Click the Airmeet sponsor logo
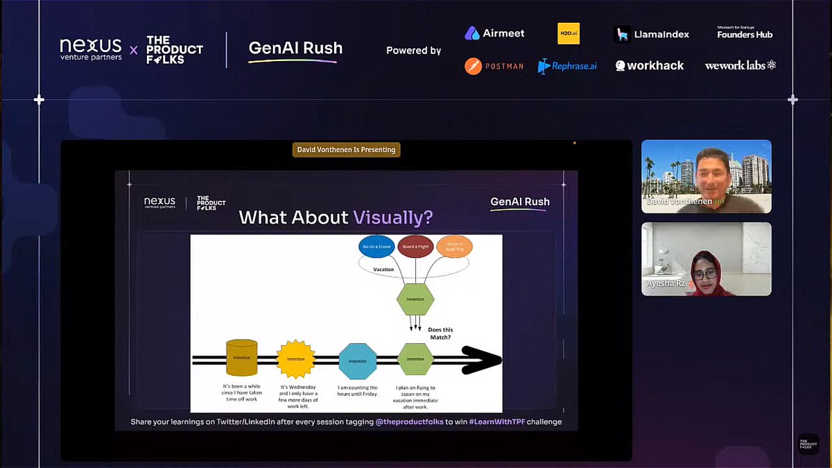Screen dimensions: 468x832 (x=494, y=33)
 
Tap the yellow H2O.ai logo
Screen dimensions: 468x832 (x=569, y=33)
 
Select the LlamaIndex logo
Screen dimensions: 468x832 (x=651, y=34)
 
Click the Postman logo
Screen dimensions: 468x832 (x=494, y=66)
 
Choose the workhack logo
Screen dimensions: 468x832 (x=650, y=66)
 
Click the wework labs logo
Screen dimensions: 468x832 (x=740, y=65)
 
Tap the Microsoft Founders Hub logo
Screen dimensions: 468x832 (x=744, y=33)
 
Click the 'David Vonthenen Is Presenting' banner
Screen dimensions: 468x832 (x=346, y=150)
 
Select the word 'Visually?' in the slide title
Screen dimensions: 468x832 (x=393, y=218)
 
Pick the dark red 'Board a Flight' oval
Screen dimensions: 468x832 (x=415, y=247)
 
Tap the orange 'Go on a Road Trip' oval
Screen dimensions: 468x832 (x=454, y=247)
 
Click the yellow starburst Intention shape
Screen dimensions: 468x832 (x=295, y=359)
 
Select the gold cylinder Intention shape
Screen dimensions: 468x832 (x=241, y=358)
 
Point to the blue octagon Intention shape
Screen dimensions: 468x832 (x=357, y=361)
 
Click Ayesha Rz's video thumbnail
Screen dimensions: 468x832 (x=706, y=259)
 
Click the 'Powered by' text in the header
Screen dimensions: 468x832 (x=413, y=51)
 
